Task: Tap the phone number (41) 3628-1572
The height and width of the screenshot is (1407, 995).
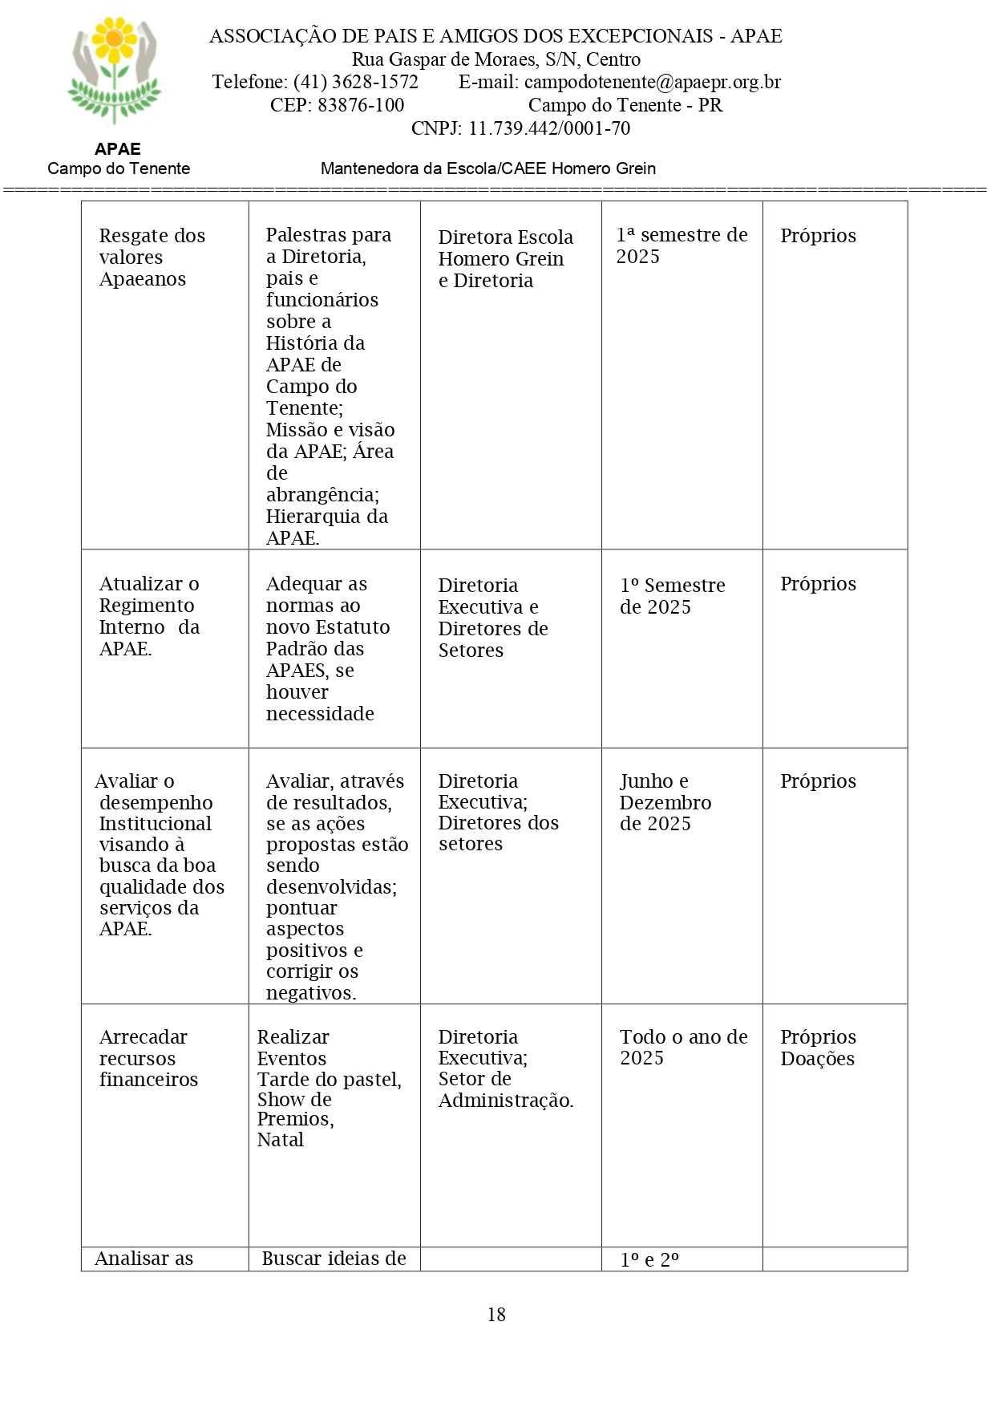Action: pyautogui.click(x=355, y=82)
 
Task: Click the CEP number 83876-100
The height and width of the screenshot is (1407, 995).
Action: pyautogui.click(x=361, y=105)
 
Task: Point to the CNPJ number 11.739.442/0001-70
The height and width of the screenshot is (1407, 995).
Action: pyautogui.click(x=549, y=128)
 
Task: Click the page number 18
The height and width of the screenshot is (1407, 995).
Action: pyautogui.click(x=496, y=1314)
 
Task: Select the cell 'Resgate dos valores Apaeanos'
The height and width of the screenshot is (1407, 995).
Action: pyautogui.click(x=152, y=257)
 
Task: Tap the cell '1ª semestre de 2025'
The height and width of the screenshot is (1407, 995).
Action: pyautogui.click(x=681, y=245)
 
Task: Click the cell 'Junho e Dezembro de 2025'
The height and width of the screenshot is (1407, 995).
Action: pyautogui.click(x=665, y=802)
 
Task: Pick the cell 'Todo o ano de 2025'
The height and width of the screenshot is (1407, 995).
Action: pyautogui.click(x=682, y=1047)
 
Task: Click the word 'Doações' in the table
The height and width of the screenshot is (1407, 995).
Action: pyautogui.click(x=817, y=1059)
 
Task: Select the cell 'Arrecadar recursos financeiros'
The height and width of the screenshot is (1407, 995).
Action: pyautogui.click(x=148, y=1058)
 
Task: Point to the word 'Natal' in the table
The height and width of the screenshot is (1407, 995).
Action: pyautogui.click(x=280, y=1140)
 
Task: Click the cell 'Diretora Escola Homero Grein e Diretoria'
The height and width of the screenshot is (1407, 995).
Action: pyautogui.click(x=505, y=259)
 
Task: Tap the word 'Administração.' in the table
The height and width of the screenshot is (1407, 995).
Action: pyautogui.click(x=505, y=1101)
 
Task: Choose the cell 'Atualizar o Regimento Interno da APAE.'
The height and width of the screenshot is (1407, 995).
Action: pyautogui.click(x=149, y=616)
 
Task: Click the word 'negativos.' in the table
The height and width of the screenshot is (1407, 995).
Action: pyautogui.click(x=311, y=993)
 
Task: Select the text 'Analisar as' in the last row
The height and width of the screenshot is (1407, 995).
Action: pyautogui.click(x=144, y=1259)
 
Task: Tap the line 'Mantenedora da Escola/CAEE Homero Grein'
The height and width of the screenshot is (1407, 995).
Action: pyautogui.click(x=487, y=168)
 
